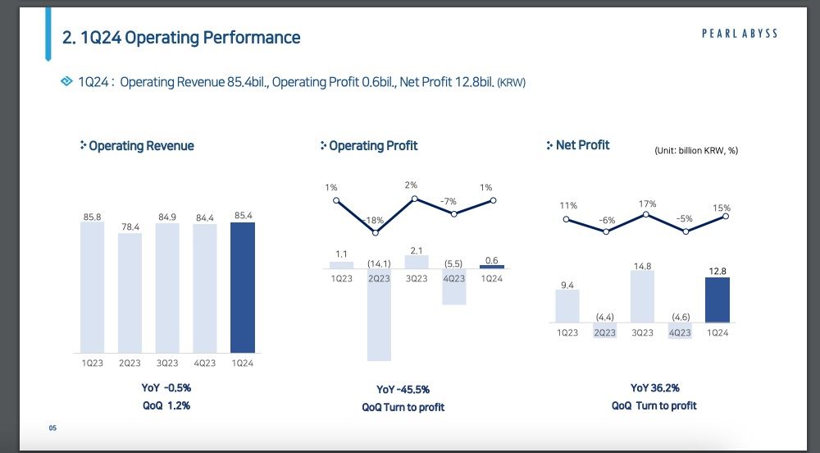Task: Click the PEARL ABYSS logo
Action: click(x=740, y=34)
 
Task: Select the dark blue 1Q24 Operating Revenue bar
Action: click(x=243, y=287)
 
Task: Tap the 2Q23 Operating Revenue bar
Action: click(x=130, y=292)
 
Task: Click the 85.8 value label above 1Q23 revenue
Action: click(x=92, y=217)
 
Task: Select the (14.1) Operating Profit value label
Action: click(x=379, y=263)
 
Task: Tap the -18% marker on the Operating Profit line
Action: click(x=376, y=232)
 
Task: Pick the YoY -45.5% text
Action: click(x=403, y=389)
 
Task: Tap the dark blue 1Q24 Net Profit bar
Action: click(x=717, y=300)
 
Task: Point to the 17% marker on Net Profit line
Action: click(x=646, y=214)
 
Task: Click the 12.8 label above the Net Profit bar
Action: click(x=717, y=271)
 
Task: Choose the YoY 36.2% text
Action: click(x=654, y=388)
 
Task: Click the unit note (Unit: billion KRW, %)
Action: click(x=696, y=151)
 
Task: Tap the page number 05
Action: click(x=52, y=428)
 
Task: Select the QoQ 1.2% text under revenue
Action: click(x=166, y=405)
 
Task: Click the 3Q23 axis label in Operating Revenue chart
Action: click(x=167, y=363)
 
